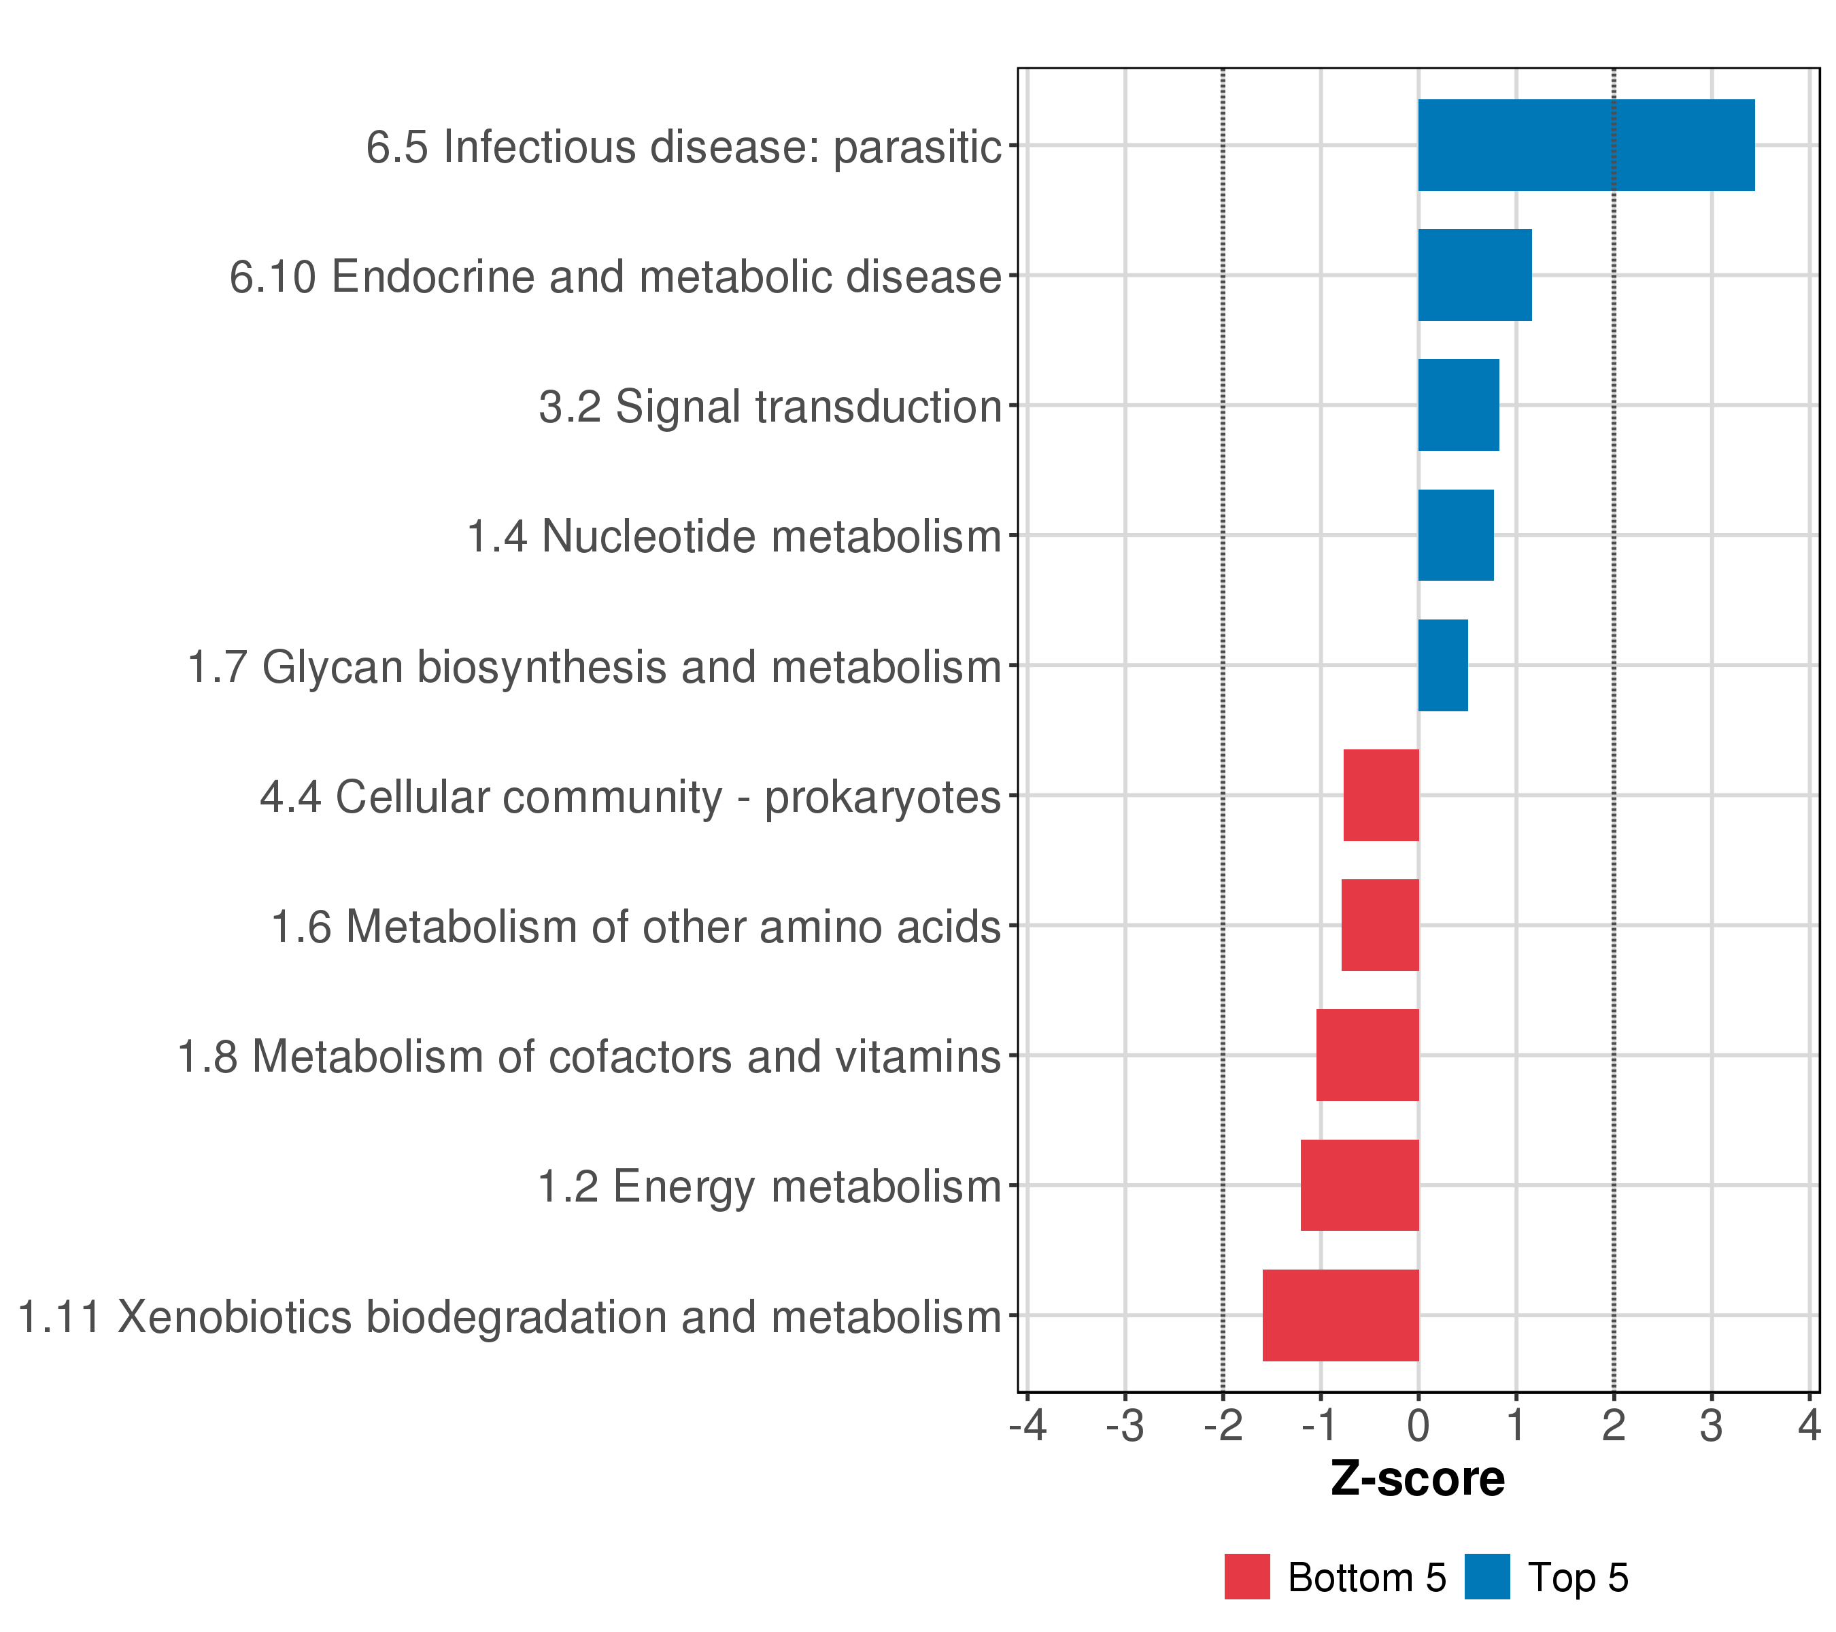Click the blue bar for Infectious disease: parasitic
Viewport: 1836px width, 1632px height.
coord(1585,145)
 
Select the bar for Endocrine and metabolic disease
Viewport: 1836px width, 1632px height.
coord(1474,275)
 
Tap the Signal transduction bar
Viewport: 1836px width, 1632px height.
coord(1458,405)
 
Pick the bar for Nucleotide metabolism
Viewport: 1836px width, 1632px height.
coord(1455,535)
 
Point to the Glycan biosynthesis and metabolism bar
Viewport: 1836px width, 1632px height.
coord(1442,666)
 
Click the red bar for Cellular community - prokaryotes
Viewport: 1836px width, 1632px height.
coord(1380,795)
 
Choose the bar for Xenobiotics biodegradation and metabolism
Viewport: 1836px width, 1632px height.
coord(1340,1315)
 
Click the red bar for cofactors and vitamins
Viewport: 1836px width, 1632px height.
coord(1367,1055)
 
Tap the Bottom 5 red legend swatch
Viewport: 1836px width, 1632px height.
coord(1246,1576)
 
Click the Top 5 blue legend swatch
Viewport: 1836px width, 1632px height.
coord(1486,1576)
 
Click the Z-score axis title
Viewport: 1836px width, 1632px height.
coord(1417,1478)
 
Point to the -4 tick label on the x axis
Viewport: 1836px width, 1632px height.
coord(1027,1425)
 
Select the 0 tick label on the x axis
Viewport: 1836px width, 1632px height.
coord(1418,1425)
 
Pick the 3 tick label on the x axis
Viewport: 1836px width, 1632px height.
coord(1711,1425)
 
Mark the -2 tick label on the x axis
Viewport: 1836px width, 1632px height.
coord(1223,1425)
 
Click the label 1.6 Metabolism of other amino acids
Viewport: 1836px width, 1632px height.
coord(636,927)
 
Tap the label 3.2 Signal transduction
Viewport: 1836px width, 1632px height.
coord(770,406)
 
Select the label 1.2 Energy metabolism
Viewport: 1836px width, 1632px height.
coord(769,1187)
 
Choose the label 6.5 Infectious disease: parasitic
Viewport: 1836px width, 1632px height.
coord(683,146)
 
